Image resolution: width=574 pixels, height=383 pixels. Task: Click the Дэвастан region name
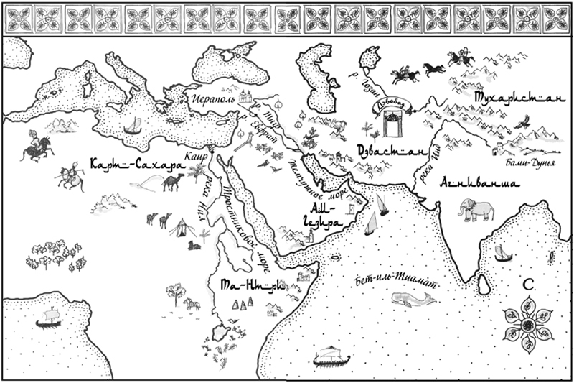point(387,152)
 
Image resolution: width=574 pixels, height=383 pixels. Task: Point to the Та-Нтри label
point(251,285)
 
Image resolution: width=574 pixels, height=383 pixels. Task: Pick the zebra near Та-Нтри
point(189,303)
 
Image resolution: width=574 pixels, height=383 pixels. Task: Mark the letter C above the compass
point(527,285)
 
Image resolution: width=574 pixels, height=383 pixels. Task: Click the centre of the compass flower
point(527,326)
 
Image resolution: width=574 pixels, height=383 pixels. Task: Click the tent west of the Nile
point(179,228)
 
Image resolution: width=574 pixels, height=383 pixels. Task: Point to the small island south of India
point(484,287)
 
